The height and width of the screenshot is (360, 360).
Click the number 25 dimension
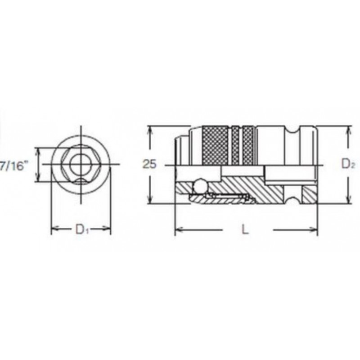click(x=149, y=164)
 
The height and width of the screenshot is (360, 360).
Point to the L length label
click(x=245, y=229)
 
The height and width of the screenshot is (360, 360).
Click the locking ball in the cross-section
click(x=199, y=186)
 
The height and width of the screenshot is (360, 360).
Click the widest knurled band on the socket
click(x=216, y=145)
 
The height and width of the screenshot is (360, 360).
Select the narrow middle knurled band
click(x=235, y=145)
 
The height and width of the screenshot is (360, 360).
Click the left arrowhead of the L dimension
click(x=179, y=229)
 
